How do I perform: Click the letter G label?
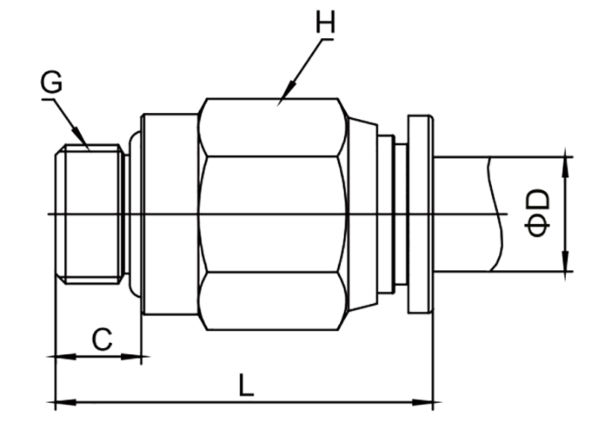coord(51,82)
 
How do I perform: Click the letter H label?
coord(325,22)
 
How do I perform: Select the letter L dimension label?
coord(246,385)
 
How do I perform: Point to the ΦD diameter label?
coord(537,213)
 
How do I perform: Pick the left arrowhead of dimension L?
coord(66,402)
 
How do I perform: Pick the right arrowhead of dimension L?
coord(422,402)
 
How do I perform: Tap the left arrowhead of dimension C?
coord(66,356)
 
